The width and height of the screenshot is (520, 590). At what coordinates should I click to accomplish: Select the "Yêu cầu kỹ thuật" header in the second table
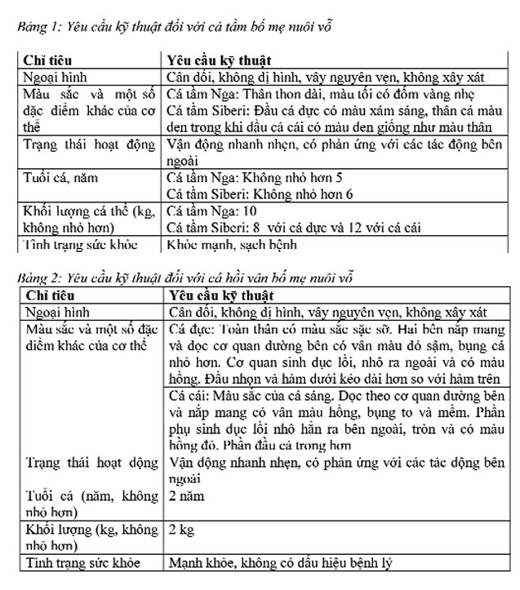pos(220,295)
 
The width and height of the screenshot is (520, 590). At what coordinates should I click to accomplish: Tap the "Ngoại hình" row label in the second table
pos(56,312)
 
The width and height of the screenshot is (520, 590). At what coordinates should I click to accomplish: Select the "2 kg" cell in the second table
pos(182,530)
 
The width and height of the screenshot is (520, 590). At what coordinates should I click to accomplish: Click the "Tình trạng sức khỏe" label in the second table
pos(82,563)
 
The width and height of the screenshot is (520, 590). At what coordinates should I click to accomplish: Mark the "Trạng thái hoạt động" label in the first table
pos(89,145)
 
